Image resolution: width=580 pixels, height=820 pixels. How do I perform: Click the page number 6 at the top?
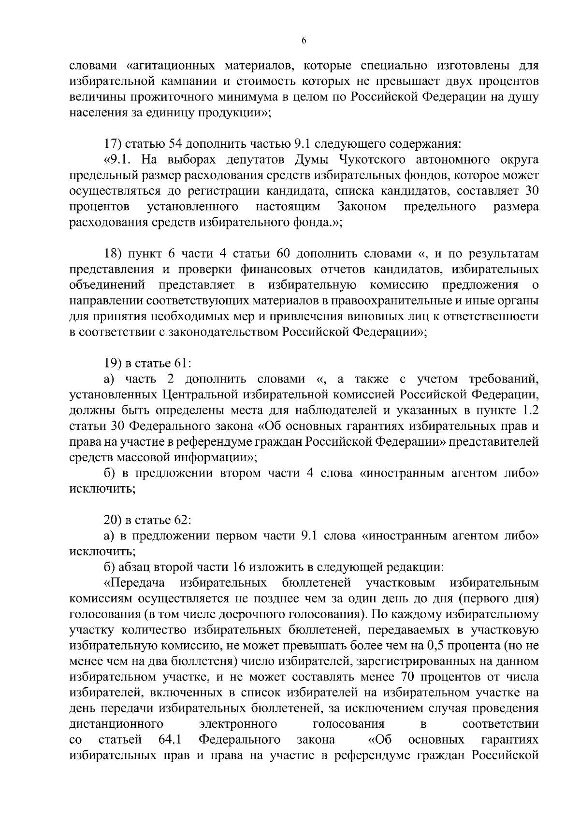click(304, 42)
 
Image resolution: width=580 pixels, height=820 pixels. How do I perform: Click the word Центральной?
click(195, 395)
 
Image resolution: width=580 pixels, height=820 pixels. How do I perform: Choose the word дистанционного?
click(116, 724)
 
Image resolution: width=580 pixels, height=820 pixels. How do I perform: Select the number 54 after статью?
click(174, 144)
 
